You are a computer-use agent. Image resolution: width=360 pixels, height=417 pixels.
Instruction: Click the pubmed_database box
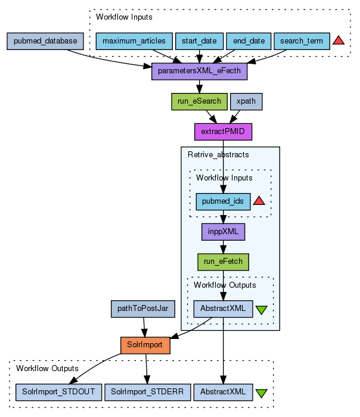coord(46,41)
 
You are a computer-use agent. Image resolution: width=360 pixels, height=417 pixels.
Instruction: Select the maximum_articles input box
coord(134,41)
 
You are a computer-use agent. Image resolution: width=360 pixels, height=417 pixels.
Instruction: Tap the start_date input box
coord(199,41)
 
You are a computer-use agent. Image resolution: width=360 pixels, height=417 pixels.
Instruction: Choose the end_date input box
coord(249,41)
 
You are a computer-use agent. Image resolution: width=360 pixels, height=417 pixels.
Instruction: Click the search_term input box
coord(302,41)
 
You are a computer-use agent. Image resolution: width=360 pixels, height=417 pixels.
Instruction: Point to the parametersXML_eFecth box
coord(199,71)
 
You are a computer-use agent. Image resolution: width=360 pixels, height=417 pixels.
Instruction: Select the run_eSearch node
coord(199,101)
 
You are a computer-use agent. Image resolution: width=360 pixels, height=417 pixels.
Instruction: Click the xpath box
coord(246,101)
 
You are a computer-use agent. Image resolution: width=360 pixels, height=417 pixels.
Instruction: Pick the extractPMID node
coord(224,132)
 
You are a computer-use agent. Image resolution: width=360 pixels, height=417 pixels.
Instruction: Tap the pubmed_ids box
coord(224,201)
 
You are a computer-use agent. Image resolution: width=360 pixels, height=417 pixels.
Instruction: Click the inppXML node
coord(224,231)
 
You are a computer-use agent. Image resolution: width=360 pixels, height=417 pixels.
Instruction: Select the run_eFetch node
coord(224,262)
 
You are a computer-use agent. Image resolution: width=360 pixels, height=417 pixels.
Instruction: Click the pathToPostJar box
coord(143,309)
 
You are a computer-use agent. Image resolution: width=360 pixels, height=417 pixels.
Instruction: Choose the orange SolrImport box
coord(145,345)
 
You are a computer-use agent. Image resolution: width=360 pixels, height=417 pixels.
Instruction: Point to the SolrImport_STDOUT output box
coord(59,391)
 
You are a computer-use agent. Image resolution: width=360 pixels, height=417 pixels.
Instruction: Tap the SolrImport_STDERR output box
coord(148,391)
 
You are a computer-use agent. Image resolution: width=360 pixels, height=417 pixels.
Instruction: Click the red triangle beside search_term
coord(339,41)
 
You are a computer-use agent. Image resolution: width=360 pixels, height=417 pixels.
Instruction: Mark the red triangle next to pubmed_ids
coord(259,201)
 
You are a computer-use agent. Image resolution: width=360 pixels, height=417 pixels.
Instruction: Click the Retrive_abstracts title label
coord(219,155)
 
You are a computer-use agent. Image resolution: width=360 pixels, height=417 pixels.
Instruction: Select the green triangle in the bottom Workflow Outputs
coord(261,393)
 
